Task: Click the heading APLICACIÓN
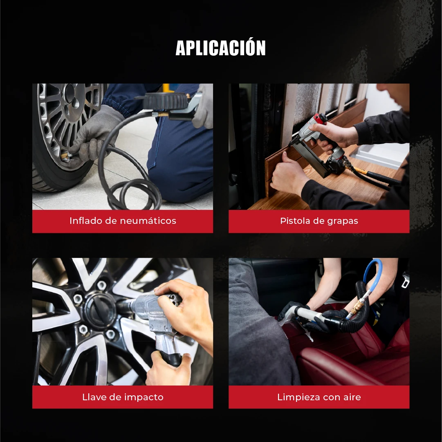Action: coord(221,47)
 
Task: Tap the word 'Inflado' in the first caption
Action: coord(86,221)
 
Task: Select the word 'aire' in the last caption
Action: coord(352,397)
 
